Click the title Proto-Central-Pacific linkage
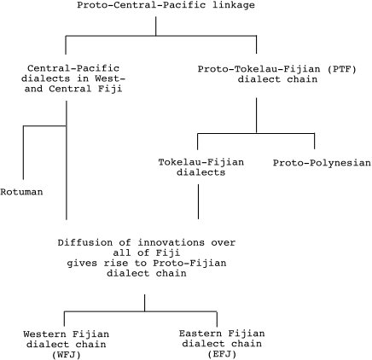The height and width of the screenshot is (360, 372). [x=166, y=5]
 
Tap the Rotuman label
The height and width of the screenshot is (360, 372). [x=21, y=192]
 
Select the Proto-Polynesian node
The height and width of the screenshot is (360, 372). [x=322, y=163]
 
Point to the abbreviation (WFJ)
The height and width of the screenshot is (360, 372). [x=67, y=355]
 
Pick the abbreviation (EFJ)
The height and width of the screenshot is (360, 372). [x=222, y=354]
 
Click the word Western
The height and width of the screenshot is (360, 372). [x=44, y=334]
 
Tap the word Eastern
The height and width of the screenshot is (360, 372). [x=201, y=334]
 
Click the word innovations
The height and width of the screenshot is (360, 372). [x=171, y=242]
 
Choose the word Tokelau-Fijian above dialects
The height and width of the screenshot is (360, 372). [x=201, y=162]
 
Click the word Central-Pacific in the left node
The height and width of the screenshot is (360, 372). [x=73, y=68]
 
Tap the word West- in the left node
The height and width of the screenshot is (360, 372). [x=110, y=78]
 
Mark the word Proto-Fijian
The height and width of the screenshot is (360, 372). [x=189, y=263]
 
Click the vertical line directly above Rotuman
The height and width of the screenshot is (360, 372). [x=23, y=153]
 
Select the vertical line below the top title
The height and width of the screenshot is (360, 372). [x=156, y=26]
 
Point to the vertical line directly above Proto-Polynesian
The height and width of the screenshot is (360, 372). [x=314, y=141]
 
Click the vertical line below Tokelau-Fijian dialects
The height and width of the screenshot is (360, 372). [x=198, y=201]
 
